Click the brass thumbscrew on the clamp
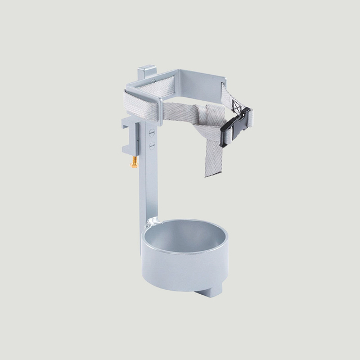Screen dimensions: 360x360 tap(134, 163)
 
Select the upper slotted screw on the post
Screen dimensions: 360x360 tap(152, 133)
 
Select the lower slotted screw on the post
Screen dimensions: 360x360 tap(152, 146)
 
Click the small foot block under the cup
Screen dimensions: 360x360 tap(211, 290)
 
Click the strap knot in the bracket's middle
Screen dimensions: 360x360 tap(200, 115)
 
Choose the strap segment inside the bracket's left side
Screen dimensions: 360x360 tap(141, 103)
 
